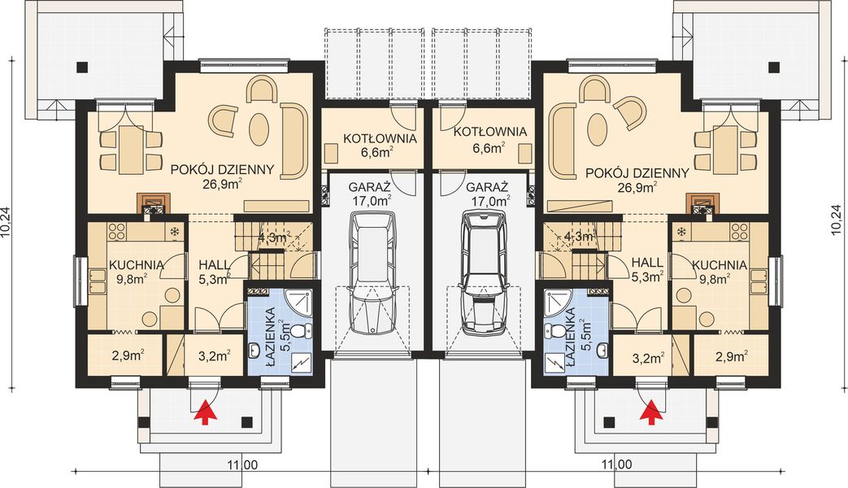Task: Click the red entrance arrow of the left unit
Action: [x=206, y=411]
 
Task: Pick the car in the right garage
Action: [x=484, y=274]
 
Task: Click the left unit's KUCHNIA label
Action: [x=137, y=265]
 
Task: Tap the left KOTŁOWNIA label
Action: [x=381, y=138]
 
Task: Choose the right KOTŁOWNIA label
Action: [x=490, y=132]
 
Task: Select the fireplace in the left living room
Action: [x=155, y=204]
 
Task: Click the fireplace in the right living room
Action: [x=702, y=204]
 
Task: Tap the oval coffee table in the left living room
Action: [x=258, y=129]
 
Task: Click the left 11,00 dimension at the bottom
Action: [x=242, y=464]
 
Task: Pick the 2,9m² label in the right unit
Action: [x=731, y=356]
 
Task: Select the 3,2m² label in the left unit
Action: [x=215, y=356]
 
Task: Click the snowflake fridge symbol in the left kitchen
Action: [x=175, y=232]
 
